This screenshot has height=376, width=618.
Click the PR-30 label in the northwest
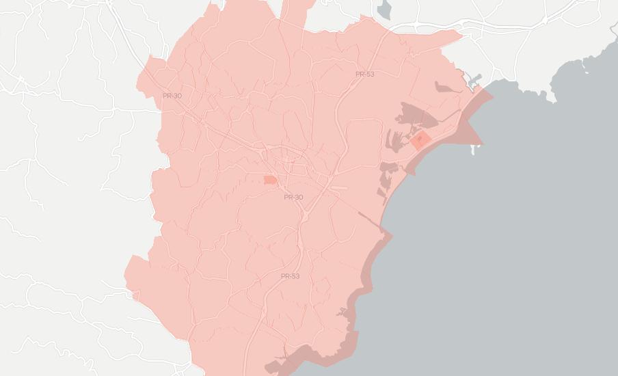[x=172, y=96]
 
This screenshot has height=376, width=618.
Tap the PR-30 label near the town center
[x=293, y=197]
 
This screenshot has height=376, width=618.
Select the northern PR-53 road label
[x=365, y=74]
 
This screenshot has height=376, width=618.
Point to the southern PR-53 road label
[x=290, y=276]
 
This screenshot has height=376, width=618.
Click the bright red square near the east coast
[x=420, y=141]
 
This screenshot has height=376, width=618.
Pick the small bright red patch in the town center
[x=269, y=180]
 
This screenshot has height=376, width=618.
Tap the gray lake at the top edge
[x=384, y=10]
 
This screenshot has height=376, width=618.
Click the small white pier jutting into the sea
[x=472, y=148]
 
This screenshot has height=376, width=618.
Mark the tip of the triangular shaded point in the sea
[x=481, y=144]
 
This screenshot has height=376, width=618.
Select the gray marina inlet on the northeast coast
[x=474, y=81]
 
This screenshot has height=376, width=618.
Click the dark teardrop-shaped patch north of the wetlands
[x=444, y=88]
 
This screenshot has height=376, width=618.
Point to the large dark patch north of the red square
[x=417, y=116]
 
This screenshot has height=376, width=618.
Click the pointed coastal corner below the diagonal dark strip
[x=390, y=237]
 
